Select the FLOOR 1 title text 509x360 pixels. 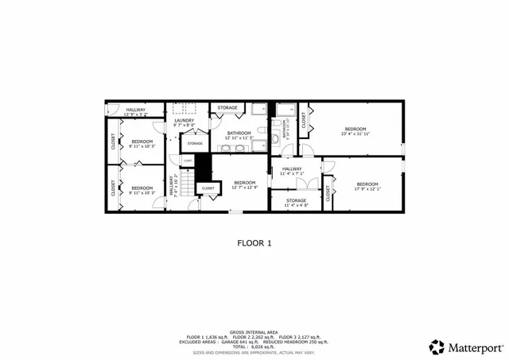[x=254, y=244]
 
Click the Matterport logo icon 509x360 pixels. [x=437, y=346]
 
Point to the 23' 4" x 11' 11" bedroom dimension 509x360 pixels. [x=355, y=134]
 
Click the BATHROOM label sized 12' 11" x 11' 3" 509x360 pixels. [x=239, y=133]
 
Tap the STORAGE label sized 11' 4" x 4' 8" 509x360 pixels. [x=296, y=200]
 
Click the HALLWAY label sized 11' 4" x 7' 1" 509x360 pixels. [x=292, y=168]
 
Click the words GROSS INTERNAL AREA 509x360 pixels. [x=254, y=331]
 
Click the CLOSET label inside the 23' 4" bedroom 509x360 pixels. [x=303, y=120]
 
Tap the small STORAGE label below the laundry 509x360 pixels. [x=195, y=143]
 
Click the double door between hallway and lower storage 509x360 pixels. [x=311, y=187]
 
